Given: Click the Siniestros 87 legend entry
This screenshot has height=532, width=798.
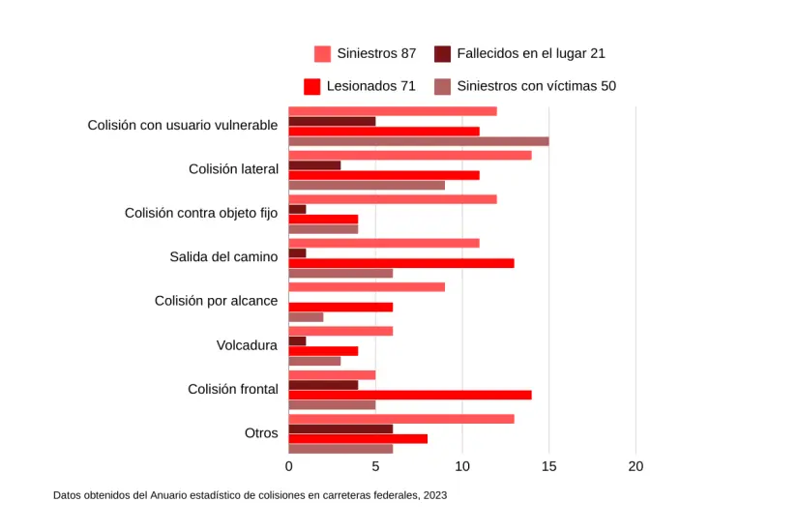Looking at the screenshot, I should pyautogui.click(x=367, y=53).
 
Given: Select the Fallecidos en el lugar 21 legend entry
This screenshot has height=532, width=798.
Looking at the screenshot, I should pyautogui.click(x=520, y=53).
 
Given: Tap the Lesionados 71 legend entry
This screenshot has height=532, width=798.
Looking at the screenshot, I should pyautogui.click(x=361, y=86).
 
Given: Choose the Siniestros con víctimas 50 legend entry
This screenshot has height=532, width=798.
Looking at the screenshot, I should pyautogui.click(x=525, y=86).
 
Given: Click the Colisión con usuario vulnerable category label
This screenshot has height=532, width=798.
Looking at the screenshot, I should pyautogui.click(x=183, y=125).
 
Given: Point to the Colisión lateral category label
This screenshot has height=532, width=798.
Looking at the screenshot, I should pyautogui.click(x=233, y=169).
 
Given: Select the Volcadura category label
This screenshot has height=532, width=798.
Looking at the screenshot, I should pyautogui.click(x=247, y=345).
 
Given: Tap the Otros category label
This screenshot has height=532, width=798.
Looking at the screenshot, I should pyautogui.click(x=261, y=433).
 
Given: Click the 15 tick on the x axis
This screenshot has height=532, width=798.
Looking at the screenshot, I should pyautogui.click(x=549, y=467).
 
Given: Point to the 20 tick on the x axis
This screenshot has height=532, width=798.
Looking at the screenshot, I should pyautogui.click(x=635, y=467).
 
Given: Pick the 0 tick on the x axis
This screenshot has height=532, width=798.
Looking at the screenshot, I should pyautogui.click(x=289, y=467).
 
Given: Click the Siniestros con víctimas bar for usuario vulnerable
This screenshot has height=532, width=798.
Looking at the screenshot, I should pyautogui.click(x=419, y=141).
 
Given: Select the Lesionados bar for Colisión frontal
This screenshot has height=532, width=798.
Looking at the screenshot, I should pyautogui.click(x=410, y=395).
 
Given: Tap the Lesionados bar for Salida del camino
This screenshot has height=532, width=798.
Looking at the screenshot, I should pyautogui.click(x=401, y=263).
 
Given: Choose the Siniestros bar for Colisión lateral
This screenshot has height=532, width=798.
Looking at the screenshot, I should pyautogui.click(x=410, y=155).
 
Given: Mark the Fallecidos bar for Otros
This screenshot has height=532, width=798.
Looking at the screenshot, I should pyautogui.click(x=340, y=429).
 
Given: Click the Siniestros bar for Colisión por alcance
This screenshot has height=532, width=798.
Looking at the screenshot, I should pyautogui.click(x=367, y=287).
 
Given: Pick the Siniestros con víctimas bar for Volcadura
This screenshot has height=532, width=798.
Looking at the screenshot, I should pyautogui.click(x=314, y=361).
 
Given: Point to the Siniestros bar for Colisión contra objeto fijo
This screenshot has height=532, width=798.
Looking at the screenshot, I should pyautogui.click(x=393, y=199).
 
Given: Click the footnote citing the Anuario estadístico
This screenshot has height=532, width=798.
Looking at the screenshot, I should pyautogui.click(x=250, y=495).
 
